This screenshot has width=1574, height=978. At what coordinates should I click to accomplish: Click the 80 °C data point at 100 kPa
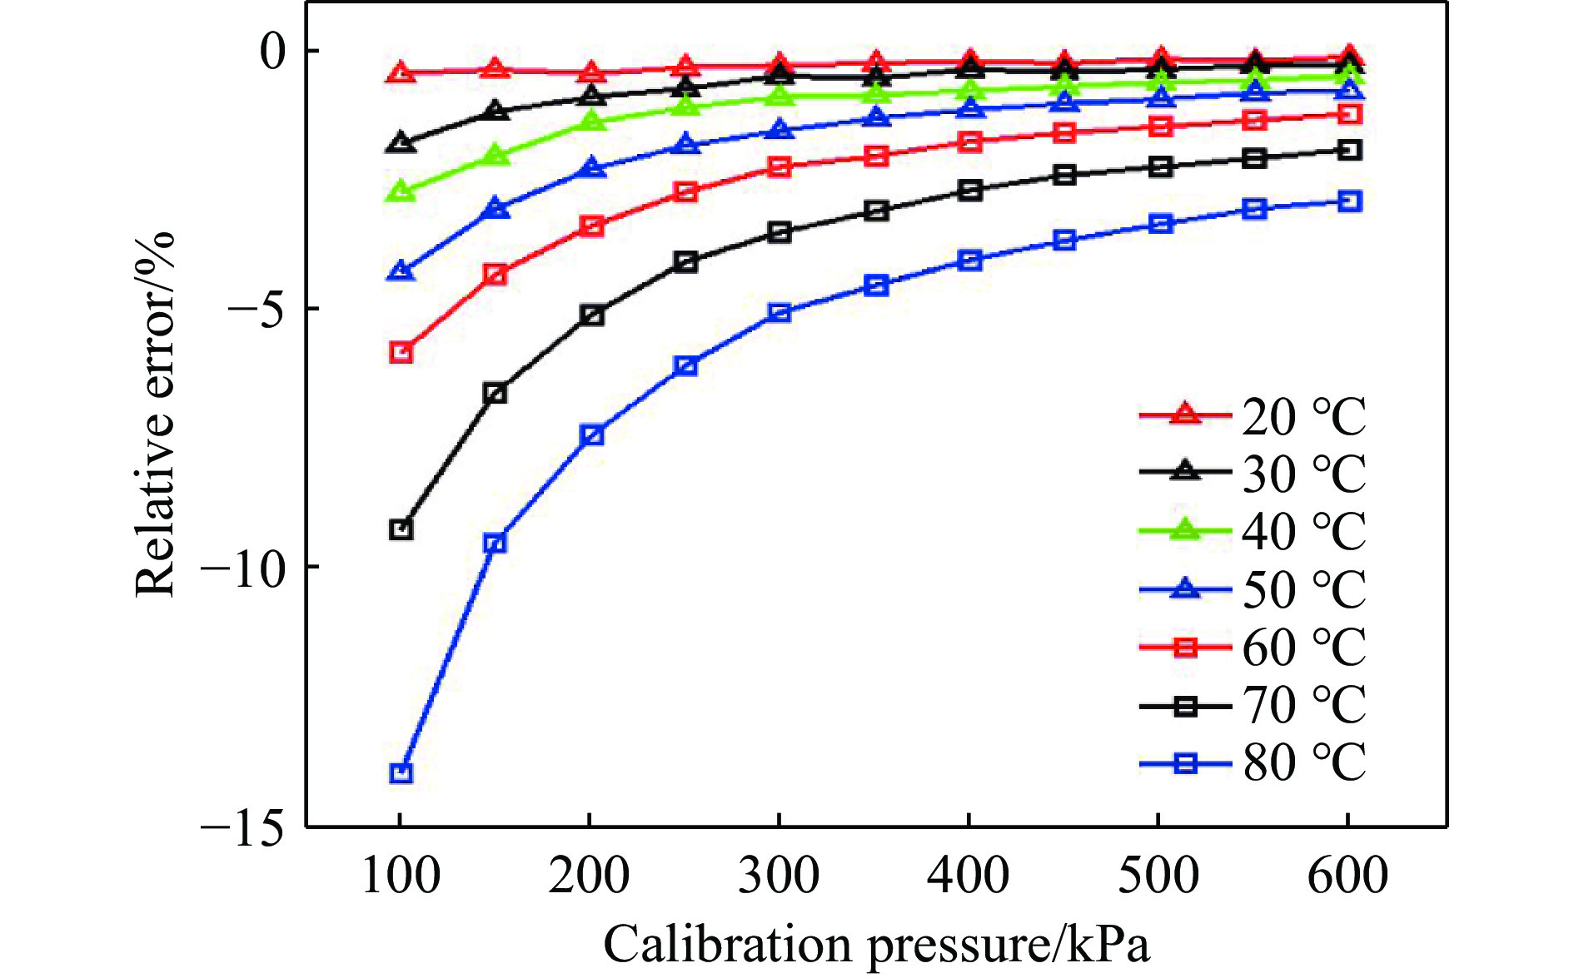click(401, 773)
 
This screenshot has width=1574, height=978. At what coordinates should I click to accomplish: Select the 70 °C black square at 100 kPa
click(401, 529)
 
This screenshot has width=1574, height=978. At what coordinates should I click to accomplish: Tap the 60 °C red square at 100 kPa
click(401, 352)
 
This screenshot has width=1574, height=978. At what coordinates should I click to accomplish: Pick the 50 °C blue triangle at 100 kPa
click(401, 271)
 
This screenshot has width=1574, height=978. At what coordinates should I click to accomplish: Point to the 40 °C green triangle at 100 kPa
click(401, 192)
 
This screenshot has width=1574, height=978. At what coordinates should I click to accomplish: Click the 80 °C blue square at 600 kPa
click(1349, 201)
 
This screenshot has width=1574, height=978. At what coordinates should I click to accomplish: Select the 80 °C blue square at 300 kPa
click(780, 313)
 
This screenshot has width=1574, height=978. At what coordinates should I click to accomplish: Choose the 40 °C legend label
click(1303, 531)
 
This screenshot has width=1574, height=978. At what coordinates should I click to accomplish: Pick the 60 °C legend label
click(1303, 648)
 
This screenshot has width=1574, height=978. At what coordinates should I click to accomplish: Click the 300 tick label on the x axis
click(779, 876)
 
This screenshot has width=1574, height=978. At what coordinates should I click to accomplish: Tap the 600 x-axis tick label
click(1347, 876)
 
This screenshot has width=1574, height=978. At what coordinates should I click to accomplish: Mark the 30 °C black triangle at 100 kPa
click(401, 142)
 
